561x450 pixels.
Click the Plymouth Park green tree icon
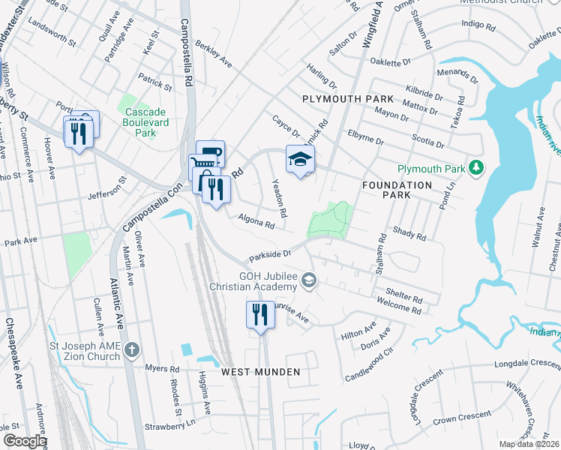(473, 168)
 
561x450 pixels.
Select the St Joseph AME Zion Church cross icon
(132, 349)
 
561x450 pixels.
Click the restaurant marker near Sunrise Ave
(260, 313)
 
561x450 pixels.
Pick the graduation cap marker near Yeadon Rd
(300, 160)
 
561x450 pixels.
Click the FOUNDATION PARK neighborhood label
(397, 190)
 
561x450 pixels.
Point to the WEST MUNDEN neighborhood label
(260, 372)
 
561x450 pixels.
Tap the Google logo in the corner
(25, 441)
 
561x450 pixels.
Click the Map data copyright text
(529, 444)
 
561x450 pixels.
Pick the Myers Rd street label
(163, 369)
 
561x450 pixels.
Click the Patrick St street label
(154, 82)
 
